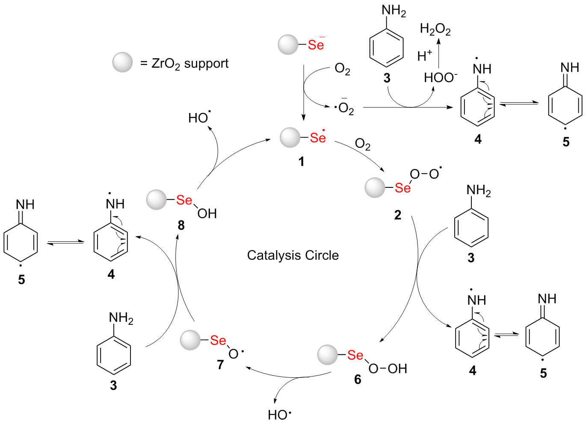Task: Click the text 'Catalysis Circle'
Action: [x=293, y=255]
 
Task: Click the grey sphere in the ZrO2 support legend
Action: [x=122, y=62]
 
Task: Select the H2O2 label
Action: [x=435, y=29]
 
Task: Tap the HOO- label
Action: [x=440, y=77]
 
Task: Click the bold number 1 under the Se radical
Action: [x=302, y=161]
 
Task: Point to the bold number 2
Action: [x=398, y=215]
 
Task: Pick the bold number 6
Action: [x=358, y=379]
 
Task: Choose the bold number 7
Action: [x=220, y=365]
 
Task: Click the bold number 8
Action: [x=181, y=225]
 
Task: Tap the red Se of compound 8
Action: [x=184, y=200]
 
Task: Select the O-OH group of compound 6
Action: [x=388, y=368]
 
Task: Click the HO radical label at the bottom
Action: [x=279, y=415]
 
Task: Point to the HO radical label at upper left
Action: [x=199, y=117]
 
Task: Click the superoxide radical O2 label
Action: [x=345, y=108]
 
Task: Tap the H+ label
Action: [x=424, y=56]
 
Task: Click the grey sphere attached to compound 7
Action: [x=190, y=340]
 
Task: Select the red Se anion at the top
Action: [x=316, y=45]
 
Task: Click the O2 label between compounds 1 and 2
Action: [x=363, y=144]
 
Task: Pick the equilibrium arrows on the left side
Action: [x=65, y=243]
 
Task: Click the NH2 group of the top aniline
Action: [x=394, y=12]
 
